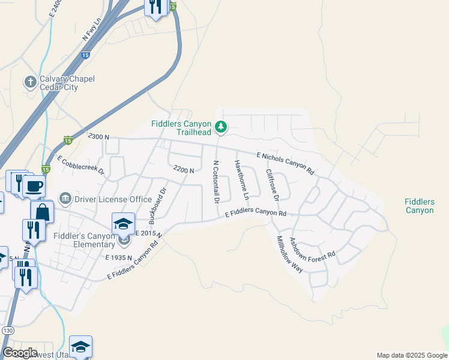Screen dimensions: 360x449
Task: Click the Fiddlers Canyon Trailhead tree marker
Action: pyautogui.click(x=221, y=127)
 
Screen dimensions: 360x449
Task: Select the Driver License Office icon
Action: pyautogui.click(x=65, y=198)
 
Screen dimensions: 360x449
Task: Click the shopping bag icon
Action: pyautogui.click(x=43, y=211)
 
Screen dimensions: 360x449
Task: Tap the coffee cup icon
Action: pyautogui.click(x=34, y=185)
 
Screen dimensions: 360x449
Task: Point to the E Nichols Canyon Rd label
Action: pyautogui.click(x=285, y=163)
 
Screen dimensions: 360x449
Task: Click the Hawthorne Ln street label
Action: pyautogui.click(x=242, y=180)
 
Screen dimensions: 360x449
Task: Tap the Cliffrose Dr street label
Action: pyautogui.click(x=272, y=184)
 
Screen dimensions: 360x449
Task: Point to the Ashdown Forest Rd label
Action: pyautogui.click(x=312, y=248)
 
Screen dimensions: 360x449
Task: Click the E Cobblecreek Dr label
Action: pyautogui.click(x=81, y=165)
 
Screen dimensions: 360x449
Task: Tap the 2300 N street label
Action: pyautogui.click(x=98, y=137)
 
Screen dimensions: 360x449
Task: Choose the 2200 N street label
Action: pyautogui.click(x=183, y=170)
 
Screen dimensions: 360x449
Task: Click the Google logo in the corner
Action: pyautogui.click(x=19, y=353)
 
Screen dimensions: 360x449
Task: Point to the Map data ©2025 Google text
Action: pyautogui.click(x=411, y=355)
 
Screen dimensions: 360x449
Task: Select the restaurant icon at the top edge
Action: pyautogui.click(x=155, y=8)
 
